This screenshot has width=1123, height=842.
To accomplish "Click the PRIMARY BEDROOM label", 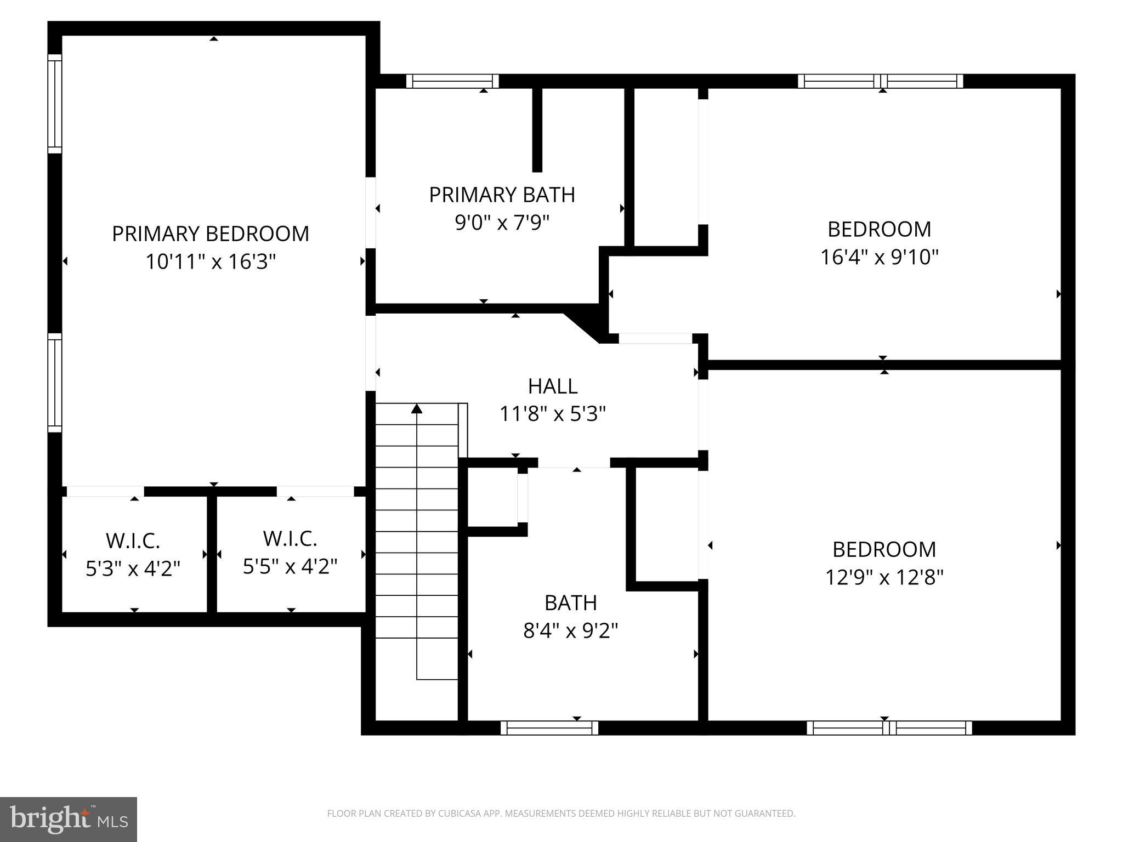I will (211, 234).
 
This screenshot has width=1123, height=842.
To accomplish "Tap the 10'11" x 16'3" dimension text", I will (211, 262).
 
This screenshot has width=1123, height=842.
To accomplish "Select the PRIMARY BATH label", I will (502, 195).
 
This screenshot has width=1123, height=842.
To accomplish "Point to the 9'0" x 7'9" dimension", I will (502, 223).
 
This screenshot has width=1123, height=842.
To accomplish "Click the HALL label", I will (552, 386).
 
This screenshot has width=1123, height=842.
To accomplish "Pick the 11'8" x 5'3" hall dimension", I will (552, 414).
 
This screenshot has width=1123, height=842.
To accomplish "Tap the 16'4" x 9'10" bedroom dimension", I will (879, 257).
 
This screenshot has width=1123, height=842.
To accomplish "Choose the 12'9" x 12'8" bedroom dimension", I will (884, 577).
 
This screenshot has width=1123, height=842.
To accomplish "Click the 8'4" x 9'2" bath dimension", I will (570, 631).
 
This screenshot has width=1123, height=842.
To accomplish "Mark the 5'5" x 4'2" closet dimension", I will (290, 567).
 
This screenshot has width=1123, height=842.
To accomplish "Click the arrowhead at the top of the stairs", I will (417, 408).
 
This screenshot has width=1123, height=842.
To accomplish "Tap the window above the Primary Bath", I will (452, 81).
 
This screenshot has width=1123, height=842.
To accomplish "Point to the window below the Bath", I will (549, 728).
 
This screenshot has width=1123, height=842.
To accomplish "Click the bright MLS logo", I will (68, 819).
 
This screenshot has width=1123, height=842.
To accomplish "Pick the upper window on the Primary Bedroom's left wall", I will (55, 104).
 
